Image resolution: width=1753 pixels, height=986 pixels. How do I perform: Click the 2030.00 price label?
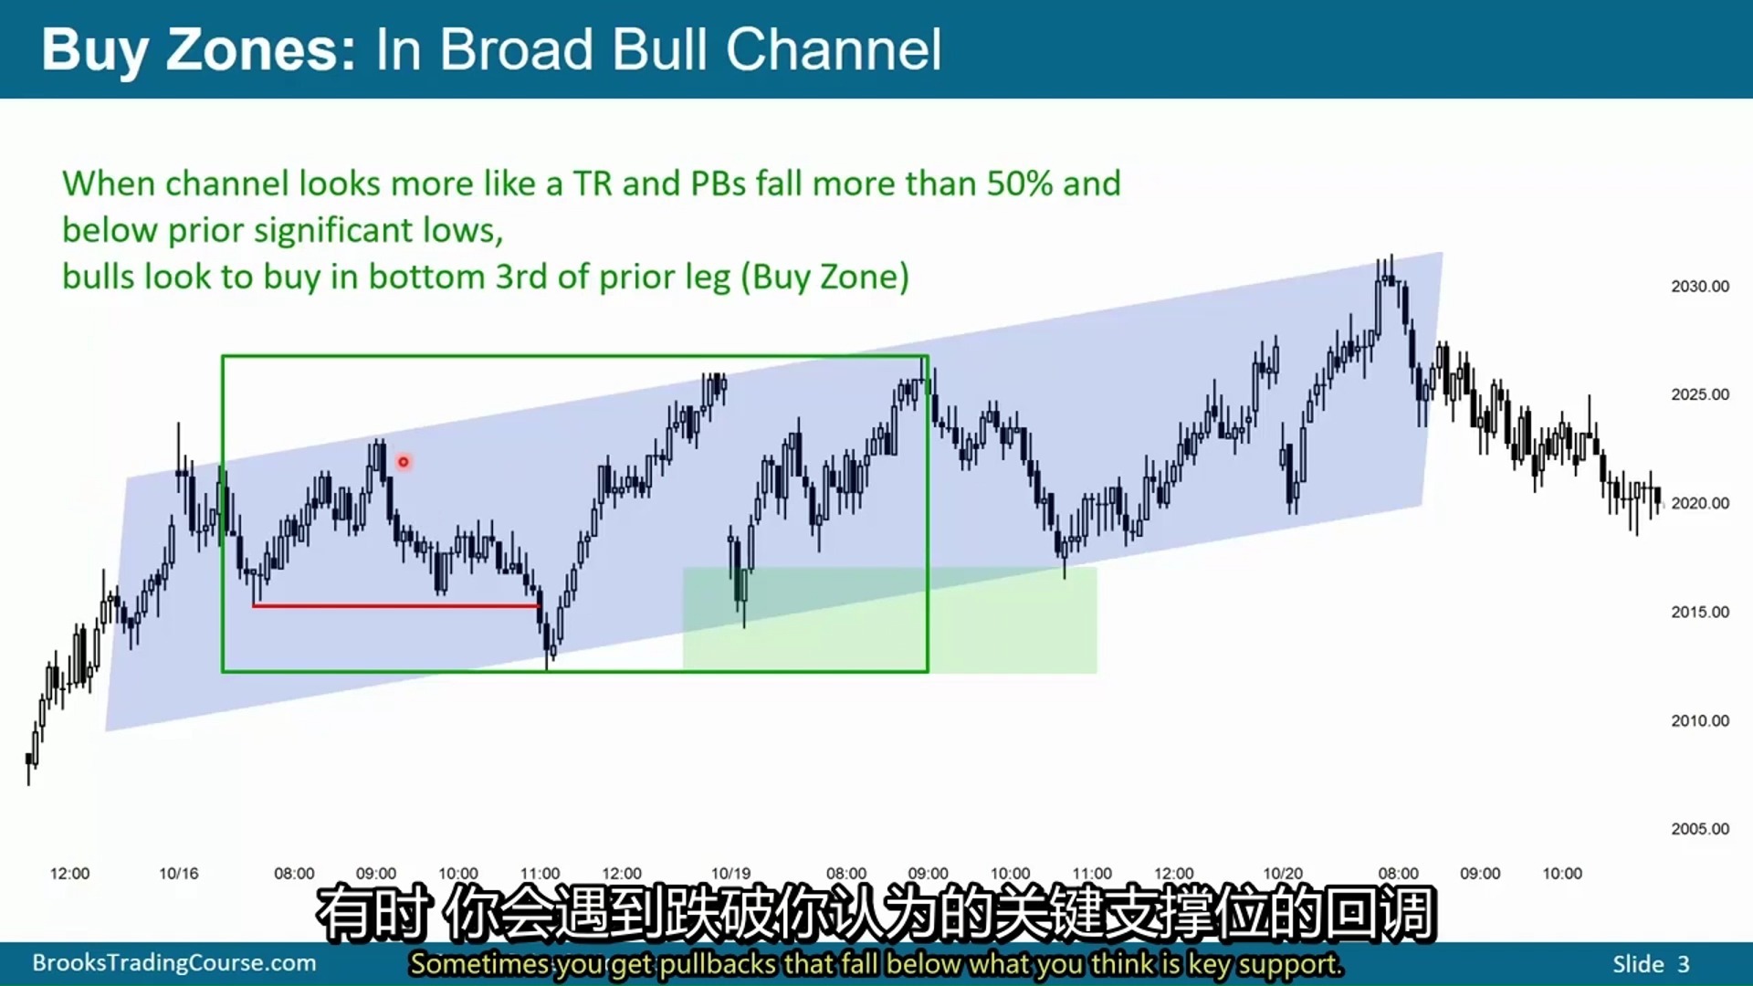(x=1700, y=287)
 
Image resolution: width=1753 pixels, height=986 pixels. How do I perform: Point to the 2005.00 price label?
(x=1700, y=829)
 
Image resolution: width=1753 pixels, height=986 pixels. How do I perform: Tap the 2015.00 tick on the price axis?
(x=1700, y=612)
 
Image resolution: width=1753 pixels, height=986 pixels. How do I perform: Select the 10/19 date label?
(x=730, y=874)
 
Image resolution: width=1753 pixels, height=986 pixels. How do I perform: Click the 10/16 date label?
(x=179, y=874)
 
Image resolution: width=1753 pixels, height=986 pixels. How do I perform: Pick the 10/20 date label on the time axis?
(x=1283, y=874)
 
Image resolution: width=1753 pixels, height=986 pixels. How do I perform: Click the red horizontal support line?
(x=395, y=604)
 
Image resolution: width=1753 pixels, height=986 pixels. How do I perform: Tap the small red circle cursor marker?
(x=404, y=462)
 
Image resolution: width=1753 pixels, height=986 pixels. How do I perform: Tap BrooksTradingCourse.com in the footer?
(x=174, y=963)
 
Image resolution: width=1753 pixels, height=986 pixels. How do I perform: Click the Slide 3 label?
(x=1651, y=964)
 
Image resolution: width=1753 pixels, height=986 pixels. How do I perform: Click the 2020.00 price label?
(x=1700, y=503)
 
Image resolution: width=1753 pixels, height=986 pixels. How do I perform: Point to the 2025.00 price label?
(x=1700, y=394)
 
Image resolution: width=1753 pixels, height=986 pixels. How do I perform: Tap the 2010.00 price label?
(x=1700, y=720)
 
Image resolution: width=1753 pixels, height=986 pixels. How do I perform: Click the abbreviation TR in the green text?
(x=593, y=184)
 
